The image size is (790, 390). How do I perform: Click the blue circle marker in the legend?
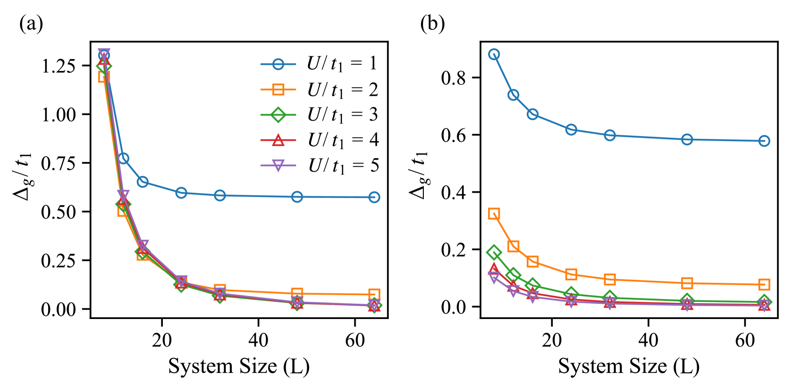pos(278,64)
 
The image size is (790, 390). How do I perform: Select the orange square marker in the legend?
pos(278,90)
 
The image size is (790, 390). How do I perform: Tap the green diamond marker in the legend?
pos(278,115)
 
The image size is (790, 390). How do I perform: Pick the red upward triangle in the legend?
pos(278,140)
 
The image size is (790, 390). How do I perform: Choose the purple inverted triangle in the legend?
pos(278,165)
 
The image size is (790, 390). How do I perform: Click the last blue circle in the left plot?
pos(374,197)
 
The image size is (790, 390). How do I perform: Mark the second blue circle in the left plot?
pos(123,159)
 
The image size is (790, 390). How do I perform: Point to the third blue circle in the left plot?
pos(142,181)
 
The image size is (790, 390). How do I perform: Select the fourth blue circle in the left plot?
pos(181,192)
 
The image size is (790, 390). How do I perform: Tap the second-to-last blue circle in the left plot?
pos(297,197)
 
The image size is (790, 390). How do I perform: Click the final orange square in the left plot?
pos(374,294)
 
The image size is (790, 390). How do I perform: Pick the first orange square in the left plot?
pos(104,77)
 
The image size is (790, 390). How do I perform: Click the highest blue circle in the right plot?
pos(494,54)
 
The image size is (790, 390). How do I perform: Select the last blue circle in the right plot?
pos(764,141)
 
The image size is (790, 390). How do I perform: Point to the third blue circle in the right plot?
pos(532,114)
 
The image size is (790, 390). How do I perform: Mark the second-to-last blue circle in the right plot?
pos(687,140)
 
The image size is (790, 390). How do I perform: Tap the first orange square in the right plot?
pos(494,213)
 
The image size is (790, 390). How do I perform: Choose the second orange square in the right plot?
pos(513,246)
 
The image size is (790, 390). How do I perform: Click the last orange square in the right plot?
pos(764,285)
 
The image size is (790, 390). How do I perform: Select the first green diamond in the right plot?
pos(494,252)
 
